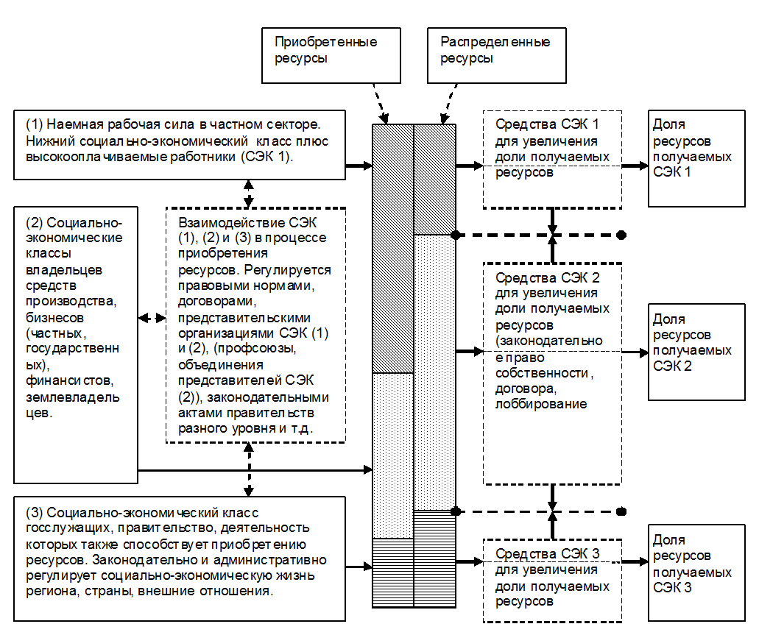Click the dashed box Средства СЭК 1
tap(552, 159)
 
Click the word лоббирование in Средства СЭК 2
tap(541, 404)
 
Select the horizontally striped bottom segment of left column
tap(394, 572)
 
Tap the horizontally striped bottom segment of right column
tap(435, 558)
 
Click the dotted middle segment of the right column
tap(435, 372)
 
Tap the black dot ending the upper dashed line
tap(621, 235)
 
